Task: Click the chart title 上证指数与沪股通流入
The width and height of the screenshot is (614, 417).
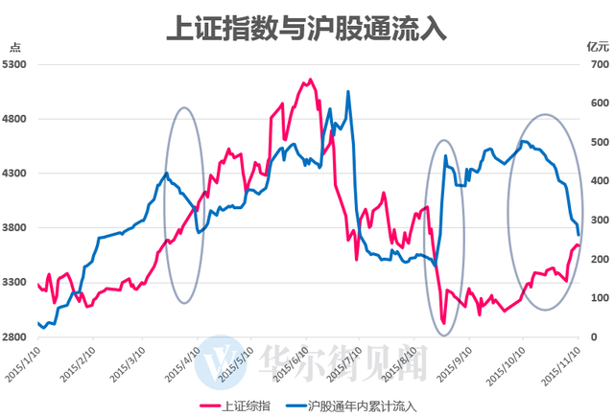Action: (307, 26)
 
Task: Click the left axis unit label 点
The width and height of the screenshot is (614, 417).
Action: (13, 45)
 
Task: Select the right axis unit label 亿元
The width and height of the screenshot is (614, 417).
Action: (598, 45)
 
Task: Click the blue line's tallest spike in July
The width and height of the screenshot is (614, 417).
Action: (348, 92)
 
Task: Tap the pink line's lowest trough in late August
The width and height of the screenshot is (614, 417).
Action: (443, 323)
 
